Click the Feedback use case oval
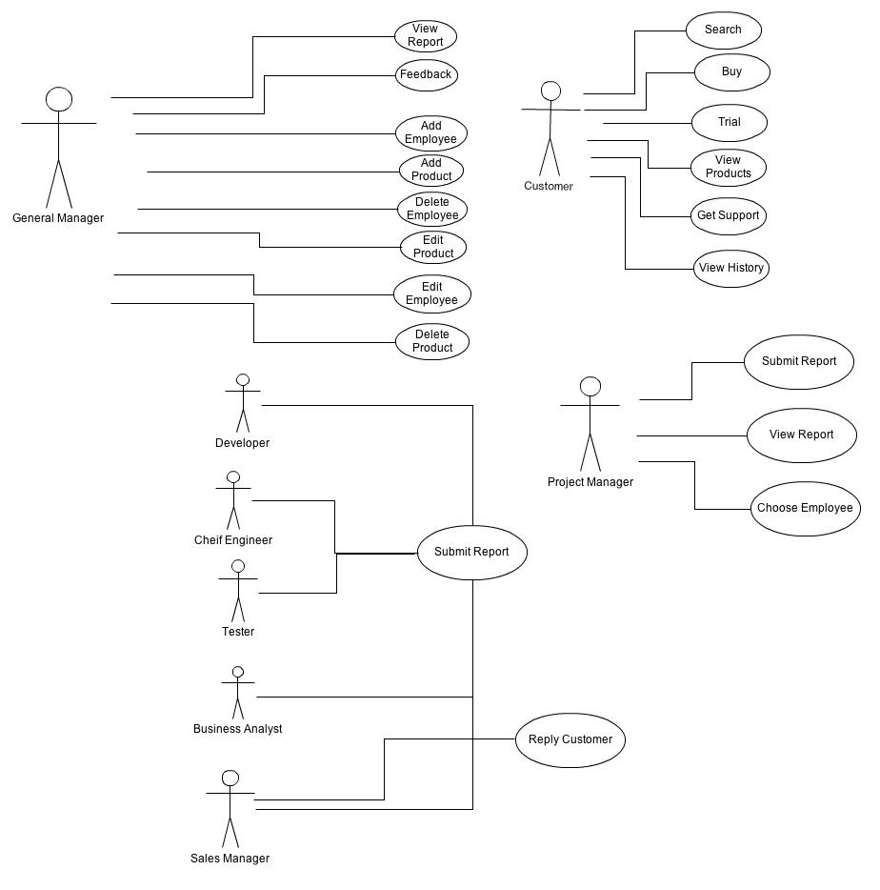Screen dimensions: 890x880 click(426, 74)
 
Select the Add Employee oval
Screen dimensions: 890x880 click(430, 132)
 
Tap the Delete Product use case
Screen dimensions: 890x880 click(432, 341)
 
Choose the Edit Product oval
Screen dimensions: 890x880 click(433, 247)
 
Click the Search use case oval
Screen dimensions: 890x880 click(723, 30)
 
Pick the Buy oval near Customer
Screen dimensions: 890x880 click(730, 71)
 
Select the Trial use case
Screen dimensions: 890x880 click(729, 122)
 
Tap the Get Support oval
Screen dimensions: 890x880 click(728, 215)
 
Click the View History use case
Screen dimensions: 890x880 click(730, 268)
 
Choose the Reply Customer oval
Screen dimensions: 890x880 click(570, 739)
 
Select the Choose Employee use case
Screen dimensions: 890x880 click(805, 508)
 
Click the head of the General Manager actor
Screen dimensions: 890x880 click(59, 99)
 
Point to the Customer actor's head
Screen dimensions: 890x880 click(550, 91)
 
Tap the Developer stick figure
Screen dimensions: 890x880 click(243, 404)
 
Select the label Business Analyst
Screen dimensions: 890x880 click(238, 729)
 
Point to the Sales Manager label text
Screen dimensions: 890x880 click(230, 859)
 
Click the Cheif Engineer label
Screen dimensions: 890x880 click(233, 540)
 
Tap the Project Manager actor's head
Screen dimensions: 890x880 click(590, 386)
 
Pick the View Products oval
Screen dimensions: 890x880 click(729, 167)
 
